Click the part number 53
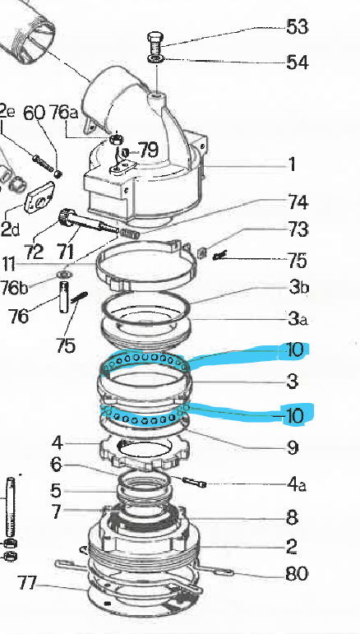[x=297, y=27]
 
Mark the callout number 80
[x=297, y=574]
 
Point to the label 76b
[x=13, y=287]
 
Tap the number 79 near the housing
[x=148, y=151]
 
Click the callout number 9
[x=292, y=448]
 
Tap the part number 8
[x=292, y=518]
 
